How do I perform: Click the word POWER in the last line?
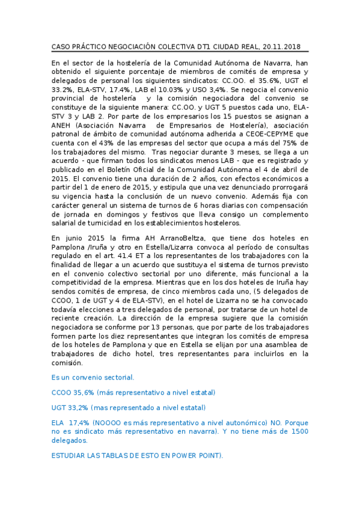coord(174,455)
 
